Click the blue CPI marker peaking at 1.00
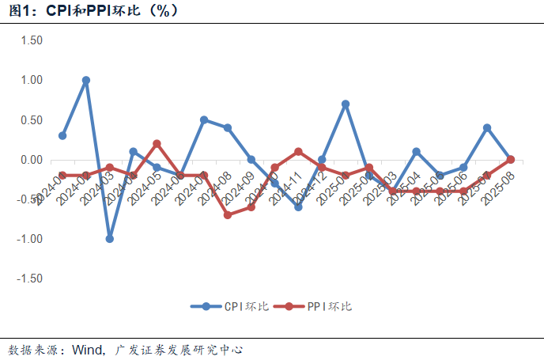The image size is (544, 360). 86,80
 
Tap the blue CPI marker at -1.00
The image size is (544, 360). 110,238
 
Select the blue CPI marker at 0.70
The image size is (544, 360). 346,104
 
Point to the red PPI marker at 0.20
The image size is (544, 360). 157,143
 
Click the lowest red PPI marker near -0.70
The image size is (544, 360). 228,214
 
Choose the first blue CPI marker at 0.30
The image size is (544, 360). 62,135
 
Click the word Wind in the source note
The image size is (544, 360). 87,349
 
